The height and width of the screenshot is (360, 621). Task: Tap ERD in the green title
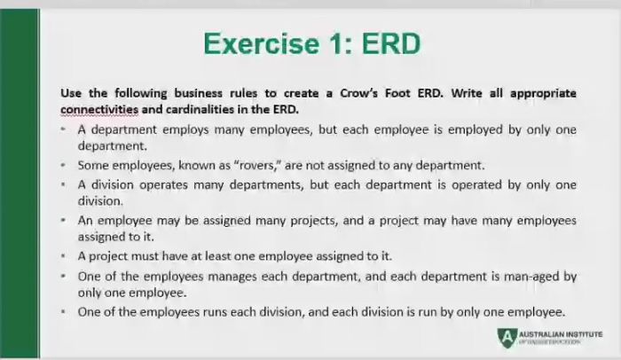coord(388,43)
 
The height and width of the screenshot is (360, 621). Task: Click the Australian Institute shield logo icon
coord(505,335)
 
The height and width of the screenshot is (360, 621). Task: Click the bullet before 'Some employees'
coord(66,165)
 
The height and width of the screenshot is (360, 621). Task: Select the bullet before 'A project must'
coord(66,256)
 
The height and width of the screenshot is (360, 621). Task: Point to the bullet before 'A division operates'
coord(66,184)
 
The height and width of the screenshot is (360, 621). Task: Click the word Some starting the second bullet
coord(91,165)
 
